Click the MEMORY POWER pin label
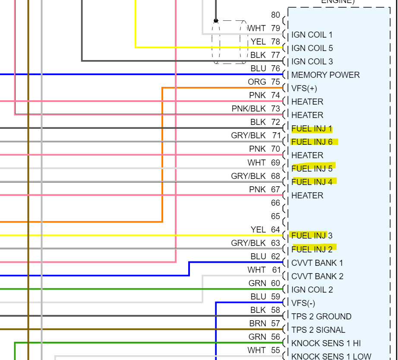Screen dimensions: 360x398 (x=325, y=75)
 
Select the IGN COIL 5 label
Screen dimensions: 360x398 (x=312, y=48)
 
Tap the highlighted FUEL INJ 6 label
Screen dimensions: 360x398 (x=312, y=142)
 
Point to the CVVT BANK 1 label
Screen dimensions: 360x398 (x=317, y=263)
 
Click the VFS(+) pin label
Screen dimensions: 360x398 (x=304, y=89)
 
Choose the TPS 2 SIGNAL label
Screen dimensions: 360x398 (x=318, y=330)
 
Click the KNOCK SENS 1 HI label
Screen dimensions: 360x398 (x=326, y=344)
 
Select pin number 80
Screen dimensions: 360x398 (x=275, y=15)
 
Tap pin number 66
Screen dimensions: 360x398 (x=275, y=203)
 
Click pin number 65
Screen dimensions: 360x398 (x=275, y=216)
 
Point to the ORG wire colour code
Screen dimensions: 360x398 (x=257, y=82)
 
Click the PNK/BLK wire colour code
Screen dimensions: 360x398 (x=249, y=109)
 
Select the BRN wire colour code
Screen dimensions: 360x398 (x=258, y=323)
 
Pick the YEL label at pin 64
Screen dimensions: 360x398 (x=258, y=229)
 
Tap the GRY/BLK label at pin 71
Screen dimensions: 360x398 (x=248, y=136)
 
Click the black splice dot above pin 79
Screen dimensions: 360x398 (x=216, y=20)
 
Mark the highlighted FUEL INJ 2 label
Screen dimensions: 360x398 (x=312, y=249)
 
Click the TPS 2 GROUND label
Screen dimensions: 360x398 (x=321, y=317)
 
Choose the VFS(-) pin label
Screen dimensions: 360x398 (x=303, y=303)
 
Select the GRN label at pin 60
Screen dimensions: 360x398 (x=257, y=283)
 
